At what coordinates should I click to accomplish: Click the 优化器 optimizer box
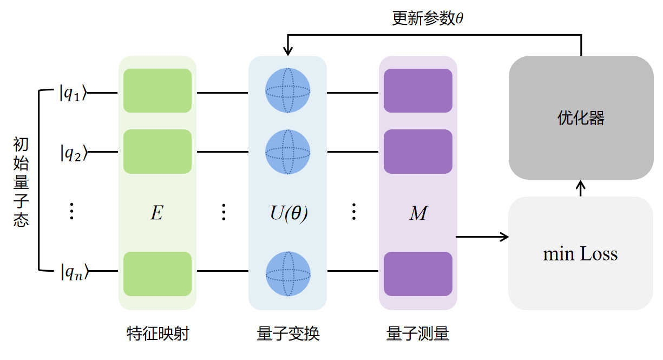coord(581,118)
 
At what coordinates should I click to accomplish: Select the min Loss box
coord(580,253)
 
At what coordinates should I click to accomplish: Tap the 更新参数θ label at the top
coord(428,18)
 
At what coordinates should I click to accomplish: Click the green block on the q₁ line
coord(157,90)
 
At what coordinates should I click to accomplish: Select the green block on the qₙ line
coord(157,274)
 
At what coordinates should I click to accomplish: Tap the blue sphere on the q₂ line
coord(287,152)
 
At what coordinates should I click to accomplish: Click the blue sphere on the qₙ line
coord(287,274)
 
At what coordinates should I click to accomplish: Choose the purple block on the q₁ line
coord(418,90)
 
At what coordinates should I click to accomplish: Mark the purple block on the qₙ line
coord(418,274)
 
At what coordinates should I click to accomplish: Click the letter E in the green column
coord(156,213)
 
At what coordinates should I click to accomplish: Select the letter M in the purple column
coord(418,213)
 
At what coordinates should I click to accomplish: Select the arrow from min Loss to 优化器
coord(581,188)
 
